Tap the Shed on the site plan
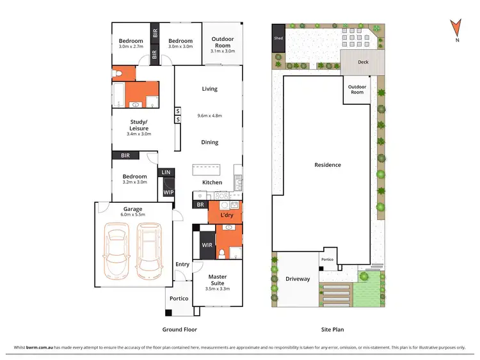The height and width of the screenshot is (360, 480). pyautogui.click(x=278, y=38)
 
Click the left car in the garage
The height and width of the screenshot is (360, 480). pyautogui.click(x=116, y=251)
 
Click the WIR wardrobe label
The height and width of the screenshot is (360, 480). pyautogui.click(x=207, y=244)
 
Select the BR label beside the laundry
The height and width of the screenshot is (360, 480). pyautogui.click(x=200, y=205)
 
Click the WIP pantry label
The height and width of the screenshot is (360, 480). pyautogui.click(x=168, y=192)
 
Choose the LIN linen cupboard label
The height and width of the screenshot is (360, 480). pyautogui.click(x=166, y=172)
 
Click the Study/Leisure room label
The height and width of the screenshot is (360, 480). pyautogui.click(x=139, y=125)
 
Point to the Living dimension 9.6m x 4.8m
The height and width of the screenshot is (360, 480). pyautogui.click(x=209, y=116)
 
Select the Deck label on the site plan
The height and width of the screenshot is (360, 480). pyautogui.click(x=362, y=62)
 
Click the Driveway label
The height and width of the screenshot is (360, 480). pyautogui.click(x=297, y=279)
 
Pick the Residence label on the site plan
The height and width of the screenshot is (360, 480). pyautogui.click(x=328, y=165)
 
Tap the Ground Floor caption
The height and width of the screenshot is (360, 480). pyautogui.click(x=179, y=330)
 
